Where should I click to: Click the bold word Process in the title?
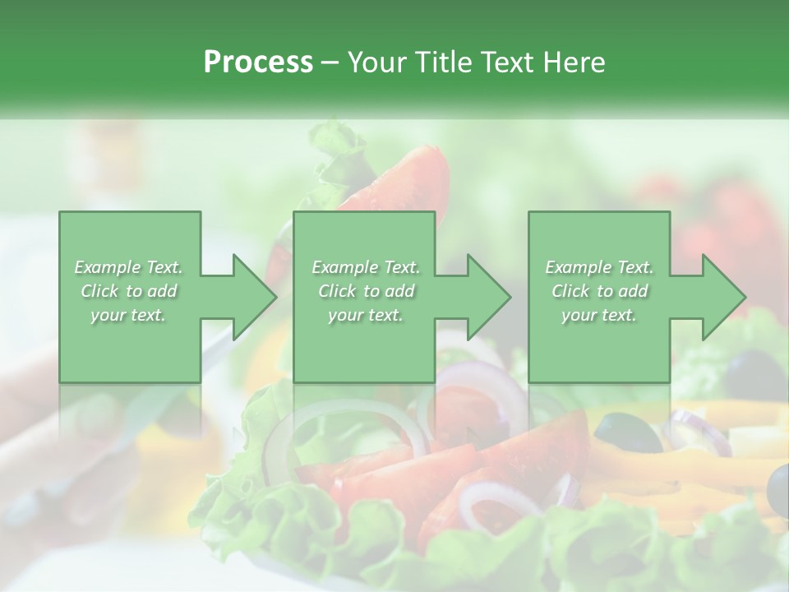pos(258,62)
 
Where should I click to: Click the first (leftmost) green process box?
pos(130,296)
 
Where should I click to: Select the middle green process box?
pos(364,296)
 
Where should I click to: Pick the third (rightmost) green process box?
pos(598,296)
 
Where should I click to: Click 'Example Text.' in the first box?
pos(128,267)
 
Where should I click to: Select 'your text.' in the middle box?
pos(365,315)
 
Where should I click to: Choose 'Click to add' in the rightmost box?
pos(599,291)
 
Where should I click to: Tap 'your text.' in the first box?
pos(128,315)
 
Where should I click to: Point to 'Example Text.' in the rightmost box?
pos(599,267)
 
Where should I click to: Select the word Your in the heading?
pos(376,62)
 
